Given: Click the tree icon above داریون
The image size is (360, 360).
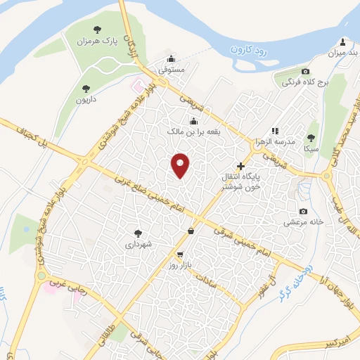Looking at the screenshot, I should pyautogui.click(x=86, y=89).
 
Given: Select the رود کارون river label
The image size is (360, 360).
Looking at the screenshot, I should pyautogui.click(x=248, y=50).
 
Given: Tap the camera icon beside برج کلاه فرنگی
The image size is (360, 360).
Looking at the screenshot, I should pyautogui.click(x=304, y=71).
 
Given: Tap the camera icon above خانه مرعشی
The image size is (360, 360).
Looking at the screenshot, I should pyautogui.click(x=303, y=212).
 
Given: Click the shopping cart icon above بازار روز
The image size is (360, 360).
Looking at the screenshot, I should pyautogui.click(x=181, y=255).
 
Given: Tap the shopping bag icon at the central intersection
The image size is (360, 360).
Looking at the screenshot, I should pyautogui.click(x=191, y=231).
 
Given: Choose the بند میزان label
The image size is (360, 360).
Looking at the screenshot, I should pyautogui.click(x=342, y=53).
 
